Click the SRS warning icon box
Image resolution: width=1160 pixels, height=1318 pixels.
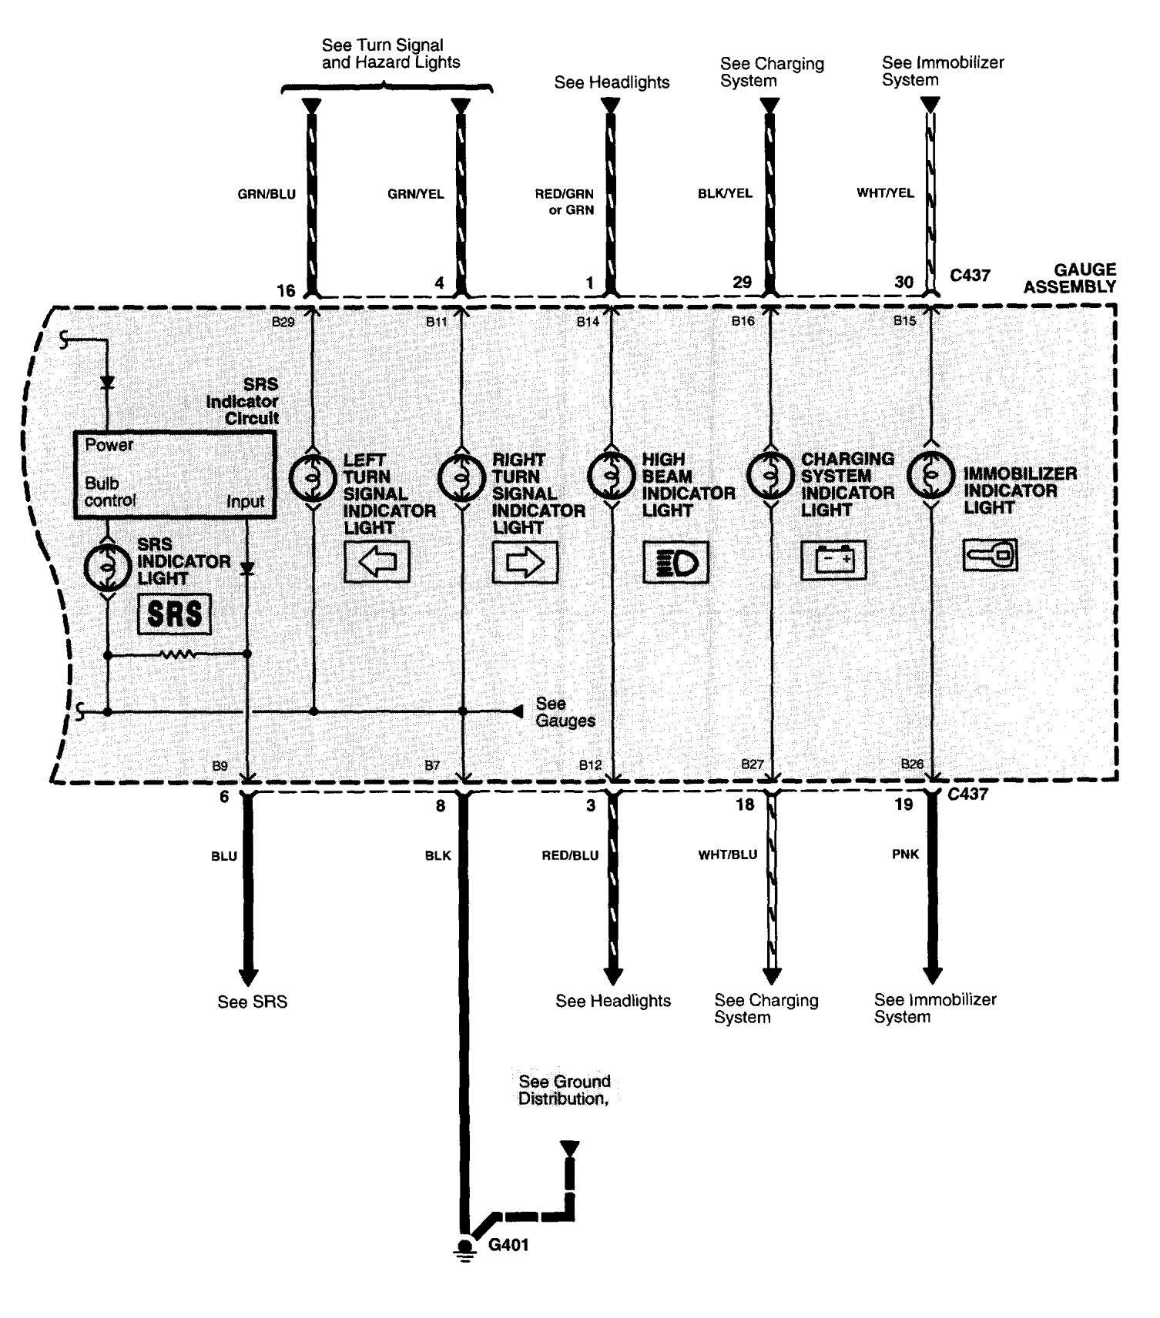coord(174,614)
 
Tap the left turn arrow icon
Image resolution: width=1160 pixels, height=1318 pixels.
coord(377,562)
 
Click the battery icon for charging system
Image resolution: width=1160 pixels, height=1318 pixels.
coord(833,560)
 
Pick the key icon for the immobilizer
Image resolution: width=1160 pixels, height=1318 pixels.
coord(990,554)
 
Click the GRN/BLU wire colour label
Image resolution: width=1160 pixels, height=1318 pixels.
coord(267,195)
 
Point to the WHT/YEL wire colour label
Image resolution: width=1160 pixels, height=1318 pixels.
coord(885,193)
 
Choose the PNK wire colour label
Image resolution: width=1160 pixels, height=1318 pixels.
coord(905,855)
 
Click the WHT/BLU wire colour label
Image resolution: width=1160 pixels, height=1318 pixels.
coord(727,855)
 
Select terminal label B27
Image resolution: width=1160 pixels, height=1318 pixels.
coord(752,764)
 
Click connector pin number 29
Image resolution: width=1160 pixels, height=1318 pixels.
coord(742,283)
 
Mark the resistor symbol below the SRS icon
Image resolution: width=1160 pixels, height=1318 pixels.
coord(178,655)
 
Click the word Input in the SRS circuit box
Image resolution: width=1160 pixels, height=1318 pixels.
coord(245,502)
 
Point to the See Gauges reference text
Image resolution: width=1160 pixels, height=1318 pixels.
coord(565,712)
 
